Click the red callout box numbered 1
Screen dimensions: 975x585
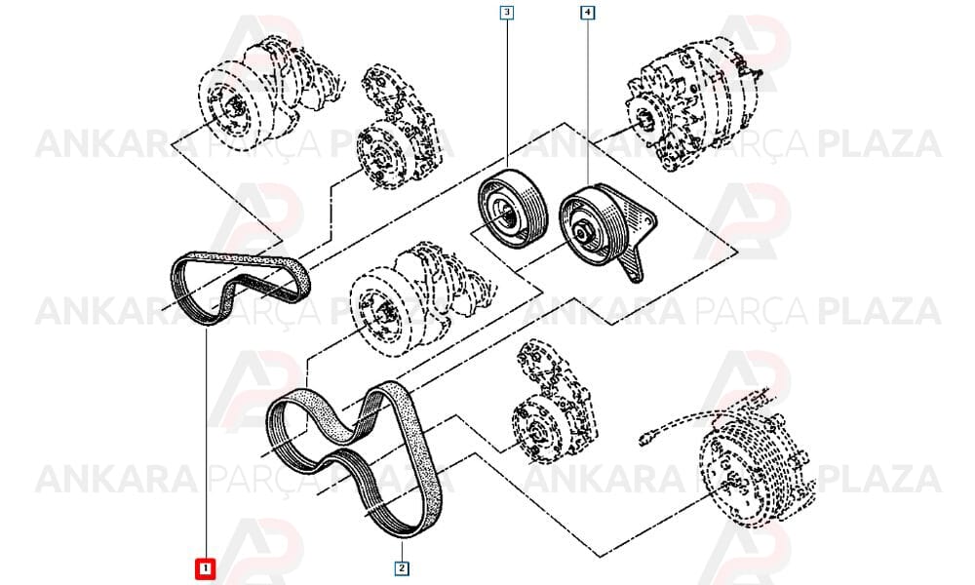point(205,568)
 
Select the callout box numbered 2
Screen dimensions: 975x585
point(402,568)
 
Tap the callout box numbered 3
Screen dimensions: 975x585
point(507,13)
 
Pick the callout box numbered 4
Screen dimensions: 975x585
point(588,13)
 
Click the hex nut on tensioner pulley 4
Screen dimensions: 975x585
point(583,233)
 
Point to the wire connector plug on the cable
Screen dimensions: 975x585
point(645,440)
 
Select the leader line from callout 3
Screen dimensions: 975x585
point(507,94)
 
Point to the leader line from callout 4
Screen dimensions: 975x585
point(588,103)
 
